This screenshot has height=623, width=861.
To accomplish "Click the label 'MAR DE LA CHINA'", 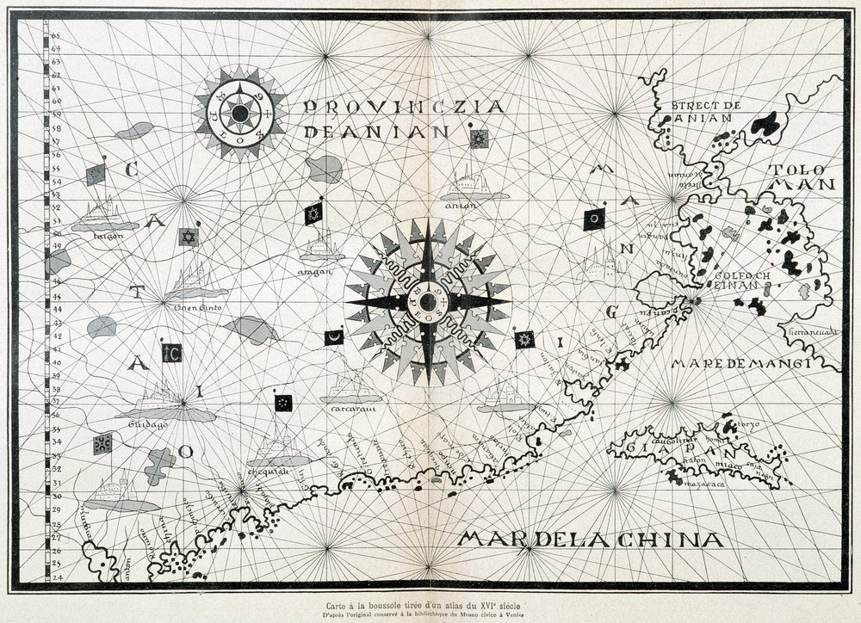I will click(589, 540).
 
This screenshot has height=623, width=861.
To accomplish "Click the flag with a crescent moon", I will click(333, 338).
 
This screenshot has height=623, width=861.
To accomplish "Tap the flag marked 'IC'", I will click(171, 352).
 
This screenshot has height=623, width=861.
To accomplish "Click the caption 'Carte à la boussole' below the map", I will click(431, 602).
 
